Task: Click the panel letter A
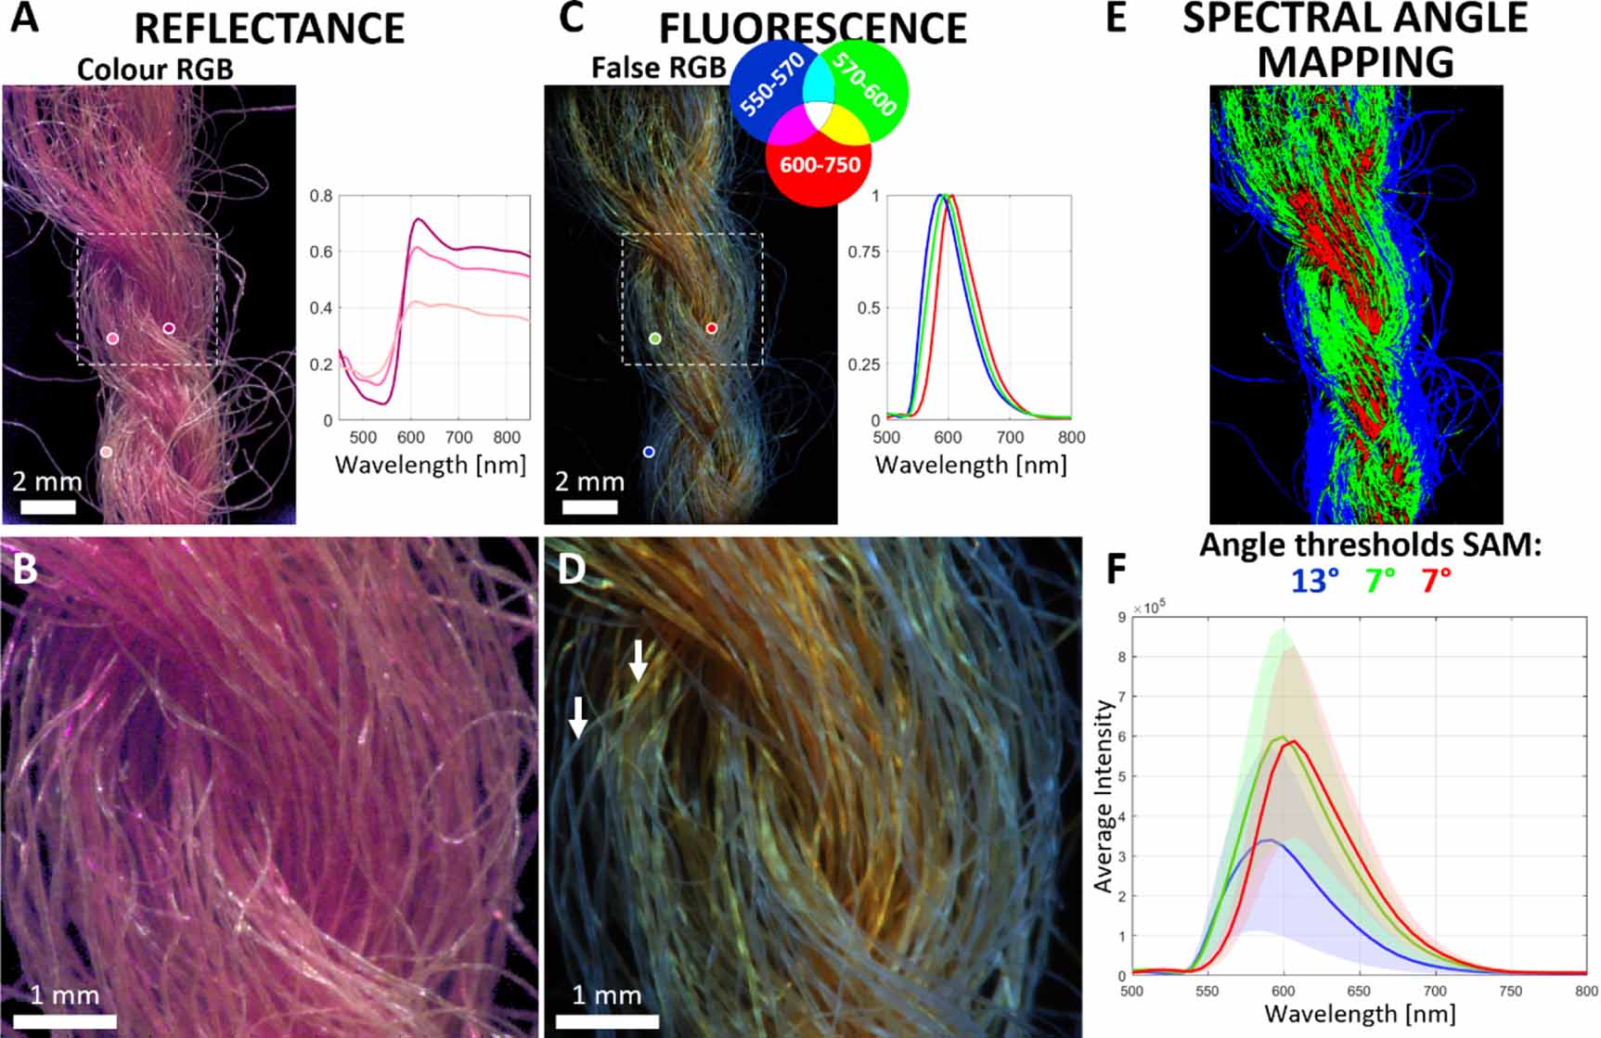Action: click(25, 19)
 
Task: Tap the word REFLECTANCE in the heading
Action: click(269, 28)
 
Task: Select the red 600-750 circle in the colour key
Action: click(819, 165)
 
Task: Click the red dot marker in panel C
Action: click(712, 328)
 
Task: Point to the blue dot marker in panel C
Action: click(649, 452)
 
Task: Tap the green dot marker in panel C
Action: click(655, 339)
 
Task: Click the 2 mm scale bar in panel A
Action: click(47, 506)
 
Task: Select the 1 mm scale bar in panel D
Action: click(607, 1020)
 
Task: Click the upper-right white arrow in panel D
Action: click(639, 660)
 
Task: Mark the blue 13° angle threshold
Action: click(1314, 581)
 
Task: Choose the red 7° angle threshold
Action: click(1436, 581)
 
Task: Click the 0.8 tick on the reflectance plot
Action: click(321, 196)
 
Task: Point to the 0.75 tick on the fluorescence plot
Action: click(864, 251)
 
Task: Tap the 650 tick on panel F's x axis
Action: click(1360, 992)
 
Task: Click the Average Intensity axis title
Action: click(1103, 796)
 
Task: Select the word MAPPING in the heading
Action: click(1355, 62)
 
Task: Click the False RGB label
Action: click(658, 68)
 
